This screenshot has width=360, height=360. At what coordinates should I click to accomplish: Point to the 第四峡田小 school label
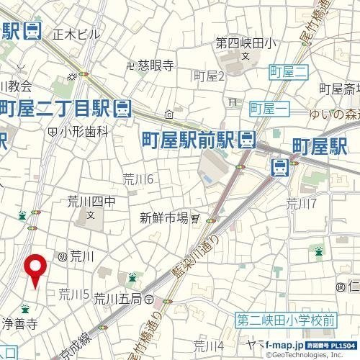(x=245, y=44)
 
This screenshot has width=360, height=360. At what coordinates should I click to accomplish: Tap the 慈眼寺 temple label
(x=156, y=66)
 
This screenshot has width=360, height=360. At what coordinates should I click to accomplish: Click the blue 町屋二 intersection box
(x=288, y=71)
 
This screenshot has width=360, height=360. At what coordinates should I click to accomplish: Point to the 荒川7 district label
(x=301, y=202)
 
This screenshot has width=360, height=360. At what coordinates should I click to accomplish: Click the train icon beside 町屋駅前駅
(x=247, y=138)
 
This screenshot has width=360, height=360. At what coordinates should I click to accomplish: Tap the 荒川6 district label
(x=138, y=179)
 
